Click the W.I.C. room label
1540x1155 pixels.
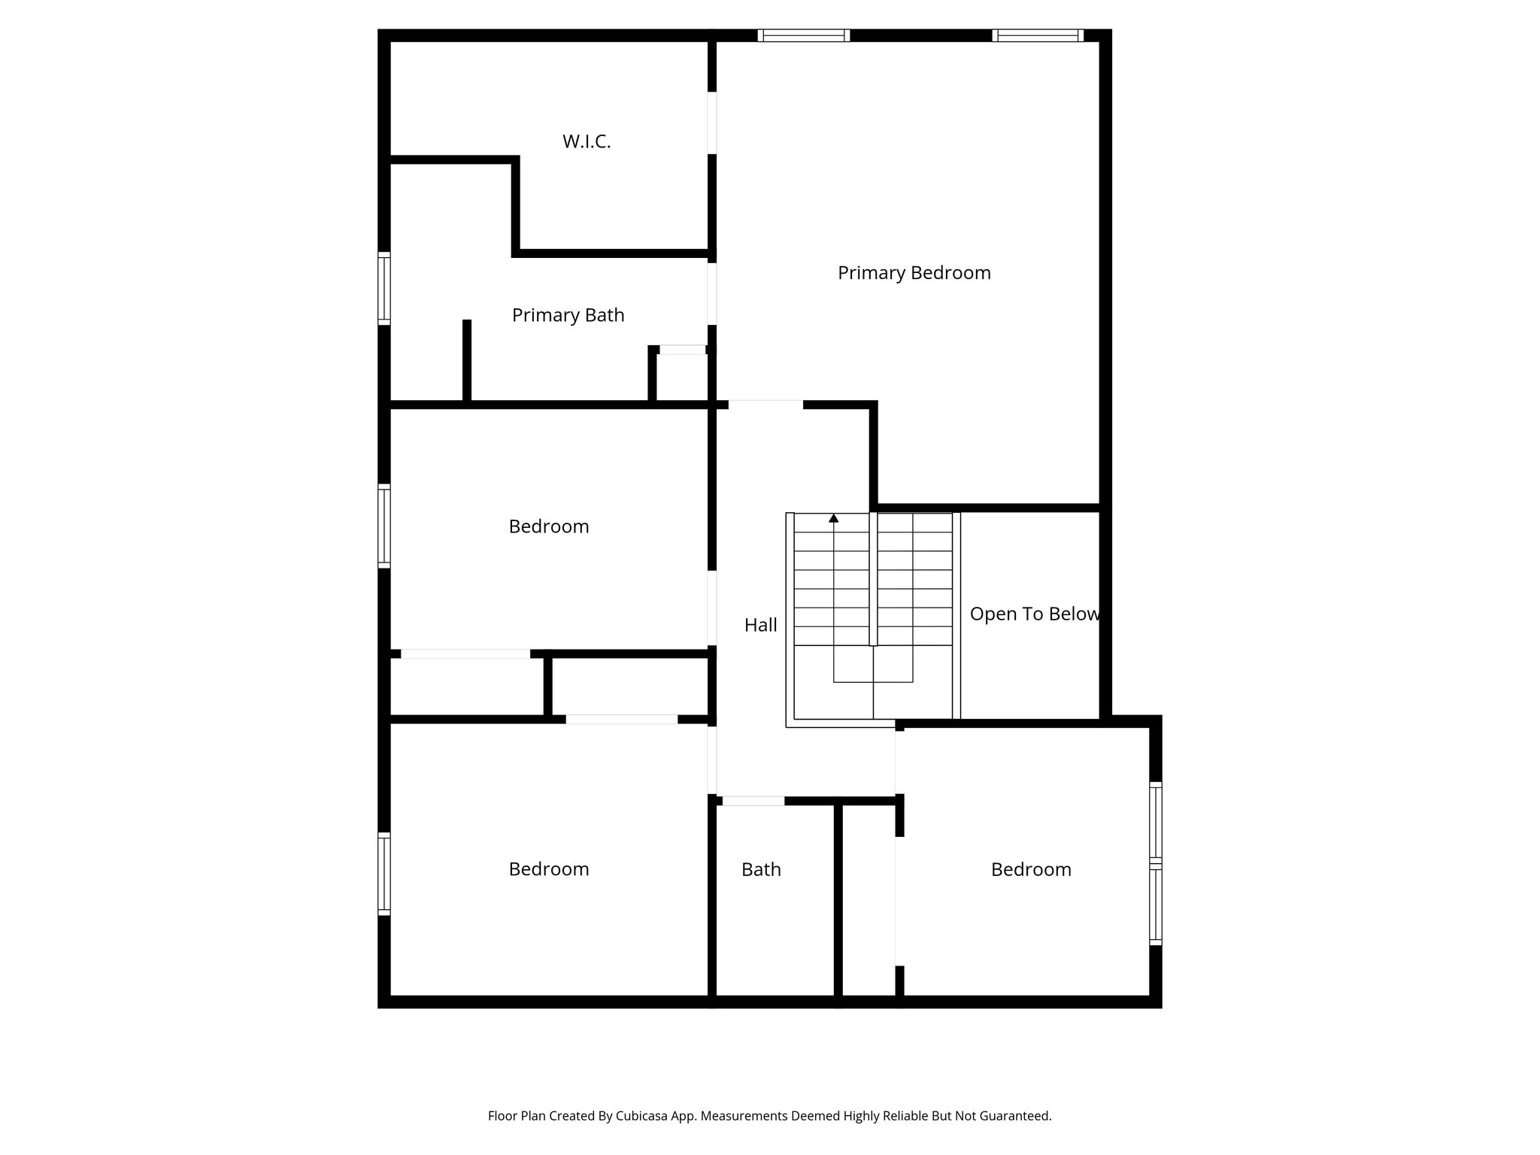(x=587, y=141)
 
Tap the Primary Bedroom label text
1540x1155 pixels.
(x=914, y=273)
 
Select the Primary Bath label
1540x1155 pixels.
(x=568, y=315)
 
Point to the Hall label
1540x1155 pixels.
(x=760, y=625)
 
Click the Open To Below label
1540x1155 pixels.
(x=1034, y=614)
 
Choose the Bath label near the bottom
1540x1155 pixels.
(x=761, y=870)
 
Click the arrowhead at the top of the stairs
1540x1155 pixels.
(x=833, y=518)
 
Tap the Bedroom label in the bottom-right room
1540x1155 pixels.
(x=1030, y=870)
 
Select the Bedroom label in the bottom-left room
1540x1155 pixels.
(x=548, y=869)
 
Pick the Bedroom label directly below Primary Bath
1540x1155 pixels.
(x=548, y=526)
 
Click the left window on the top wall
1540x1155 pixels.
(x=803, y=35)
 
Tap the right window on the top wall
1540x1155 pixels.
(x=1038, y=35)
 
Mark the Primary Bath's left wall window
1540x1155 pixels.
(x=383, y=290)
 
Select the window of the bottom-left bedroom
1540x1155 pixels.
(x=383, y=874)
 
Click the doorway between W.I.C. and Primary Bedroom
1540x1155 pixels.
(x=711, y=123)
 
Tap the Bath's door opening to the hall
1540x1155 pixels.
(x=753, y=801)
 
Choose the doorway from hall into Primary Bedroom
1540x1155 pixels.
(x=765, y=405)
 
